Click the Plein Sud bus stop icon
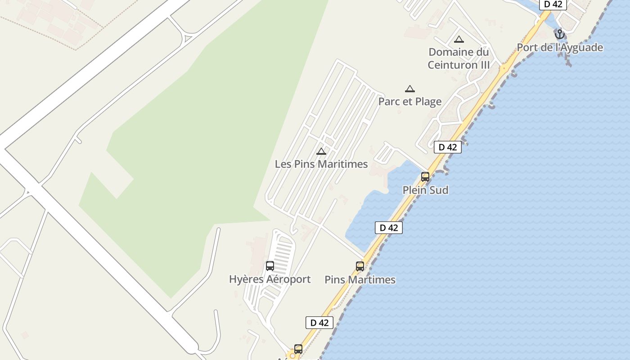coord(425,177)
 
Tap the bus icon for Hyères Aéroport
coord(270,266)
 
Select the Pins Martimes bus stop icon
coord(360,266)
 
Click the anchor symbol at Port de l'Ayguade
coord(559,34)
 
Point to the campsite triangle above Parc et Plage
coord(409,89)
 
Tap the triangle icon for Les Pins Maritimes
coord(321,151)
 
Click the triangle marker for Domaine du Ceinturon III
coord(459,40)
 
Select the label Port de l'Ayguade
coord(560,47)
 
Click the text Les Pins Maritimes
coord(321,164)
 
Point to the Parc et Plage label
coord(409,101)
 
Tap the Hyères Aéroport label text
coord(270,279)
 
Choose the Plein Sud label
coord(425,190)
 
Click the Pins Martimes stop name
coord(360,279)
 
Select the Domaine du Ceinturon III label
coord(458,58)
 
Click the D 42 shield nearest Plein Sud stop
coord(448,147)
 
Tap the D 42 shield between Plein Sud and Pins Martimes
coord(389,228)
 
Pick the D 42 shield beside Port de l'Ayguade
coord(553,4)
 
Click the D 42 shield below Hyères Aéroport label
coord(319,323)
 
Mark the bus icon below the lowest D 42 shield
coord(298,349)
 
